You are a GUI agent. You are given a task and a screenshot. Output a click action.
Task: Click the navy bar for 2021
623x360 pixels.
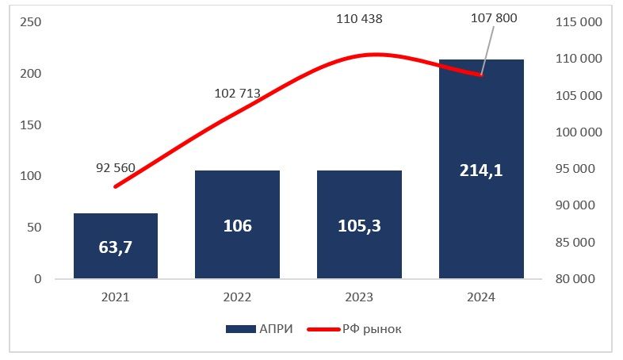click(116, 246)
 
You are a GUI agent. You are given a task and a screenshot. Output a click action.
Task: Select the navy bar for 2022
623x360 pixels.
click(237, 224)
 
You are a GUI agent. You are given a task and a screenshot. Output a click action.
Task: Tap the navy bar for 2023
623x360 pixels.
click(359, 224)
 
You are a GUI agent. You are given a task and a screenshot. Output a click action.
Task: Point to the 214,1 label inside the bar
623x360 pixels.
click(481, 170)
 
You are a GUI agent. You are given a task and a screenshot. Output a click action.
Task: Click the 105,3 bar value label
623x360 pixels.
click(359, 226)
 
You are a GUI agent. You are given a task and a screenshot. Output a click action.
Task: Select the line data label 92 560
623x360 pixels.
click(116, 168)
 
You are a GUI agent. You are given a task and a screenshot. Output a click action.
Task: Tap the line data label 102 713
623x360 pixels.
click(237, 93)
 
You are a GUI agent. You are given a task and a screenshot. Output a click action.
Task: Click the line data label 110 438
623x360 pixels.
click(359, 18)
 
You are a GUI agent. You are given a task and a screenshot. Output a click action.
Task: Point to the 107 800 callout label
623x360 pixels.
click(493, 18)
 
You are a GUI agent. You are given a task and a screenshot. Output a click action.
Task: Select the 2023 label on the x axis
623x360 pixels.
click(359, 298)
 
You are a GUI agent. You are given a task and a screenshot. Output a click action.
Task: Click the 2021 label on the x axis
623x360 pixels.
click(116, 298)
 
